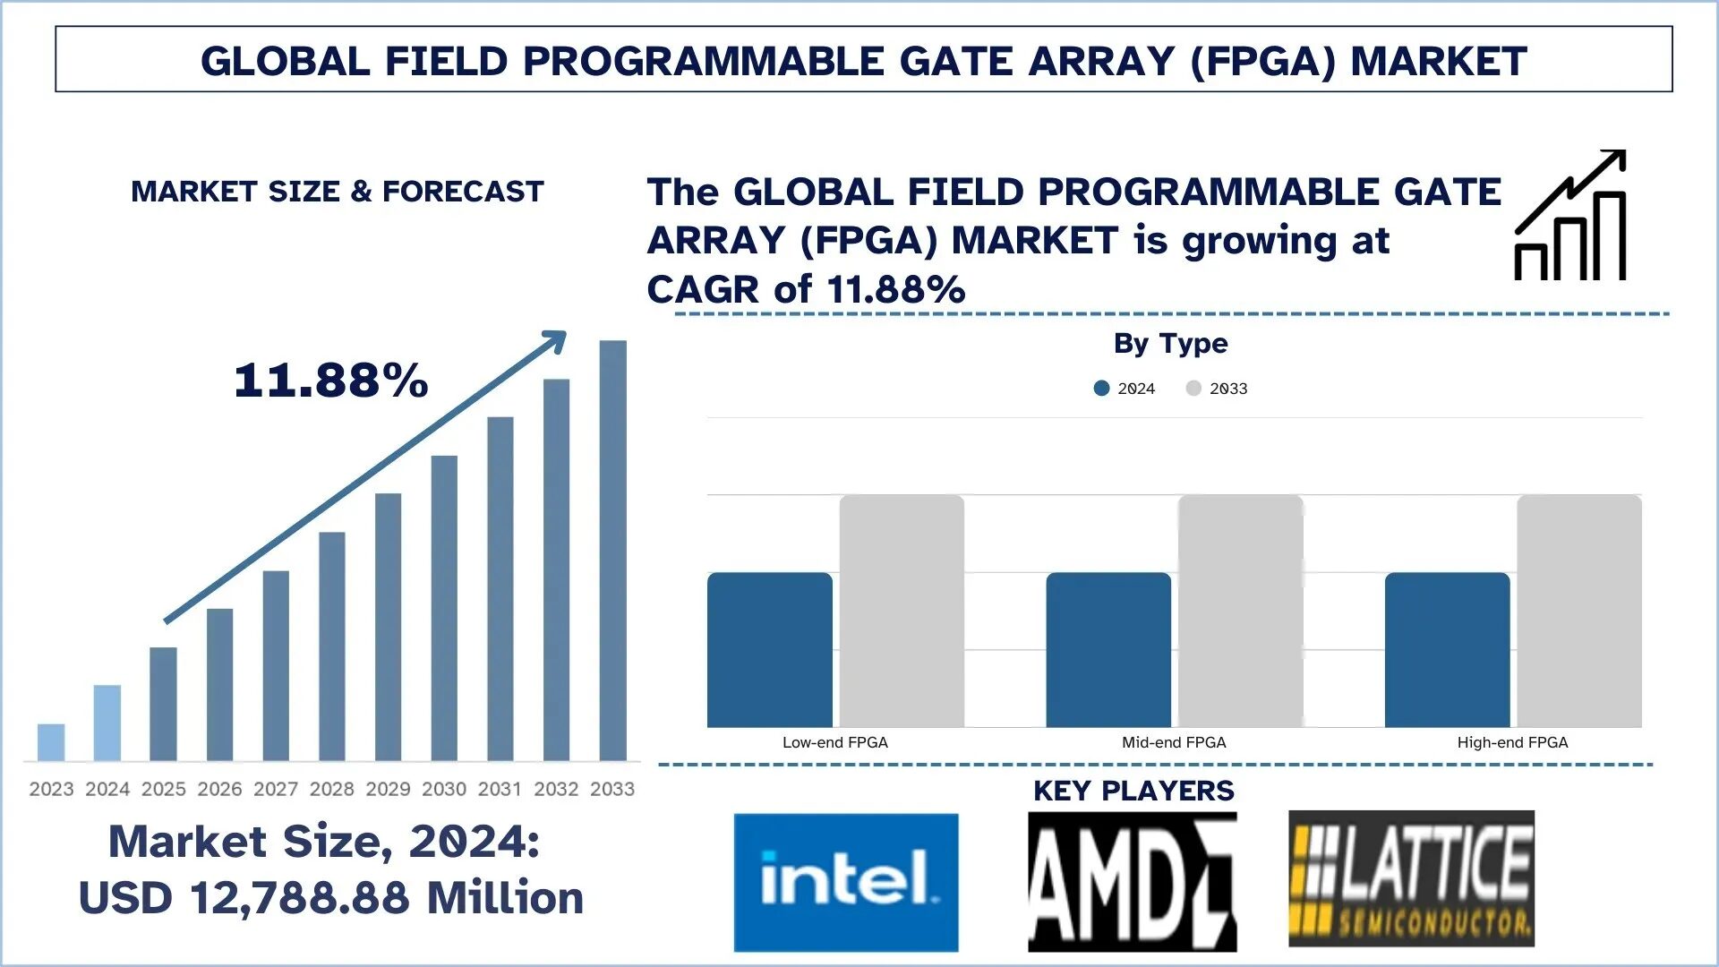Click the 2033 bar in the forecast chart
(613, 551)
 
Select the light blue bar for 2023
(51, 742)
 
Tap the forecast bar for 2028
(332, 646)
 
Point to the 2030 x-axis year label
(444, 789)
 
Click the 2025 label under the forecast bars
(164, 789)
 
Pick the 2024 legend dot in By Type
(1101, 389)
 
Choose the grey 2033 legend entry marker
(1193, 389)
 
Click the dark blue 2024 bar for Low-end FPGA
(769, 650)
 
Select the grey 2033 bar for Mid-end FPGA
(1240, 611)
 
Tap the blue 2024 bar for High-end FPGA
(1447, 650)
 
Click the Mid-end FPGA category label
(1174, 742)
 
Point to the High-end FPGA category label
(1512, 742)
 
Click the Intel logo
(846, 882)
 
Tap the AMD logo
(1132, 882)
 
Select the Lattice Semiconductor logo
(1411, 879)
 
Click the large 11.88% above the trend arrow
(331, 381)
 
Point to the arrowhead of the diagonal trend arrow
(558, 339)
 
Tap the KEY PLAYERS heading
(1133, 791)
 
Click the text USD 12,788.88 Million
(331, 898)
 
